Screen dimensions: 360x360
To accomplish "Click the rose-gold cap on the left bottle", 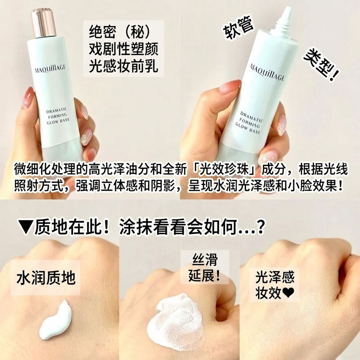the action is tap(44, 23).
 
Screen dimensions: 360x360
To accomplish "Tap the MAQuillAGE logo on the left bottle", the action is tap(50, 68).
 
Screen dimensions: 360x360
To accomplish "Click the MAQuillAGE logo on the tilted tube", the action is tap(268, 72).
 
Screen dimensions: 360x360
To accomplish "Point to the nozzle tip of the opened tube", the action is tap(288, 10).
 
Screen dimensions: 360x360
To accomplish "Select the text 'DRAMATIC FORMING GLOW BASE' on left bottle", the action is tap(58, 116).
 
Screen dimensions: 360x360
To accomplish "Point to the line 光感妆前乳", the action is tap(124, 66).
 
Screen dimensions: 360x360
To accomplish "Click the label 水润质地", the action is tap(46, 278).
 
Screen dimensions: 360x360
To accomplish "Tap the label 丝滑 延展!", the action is tap(204, 268).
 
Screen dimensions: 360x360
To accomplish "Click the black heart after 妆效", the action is tap(288, 293).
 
